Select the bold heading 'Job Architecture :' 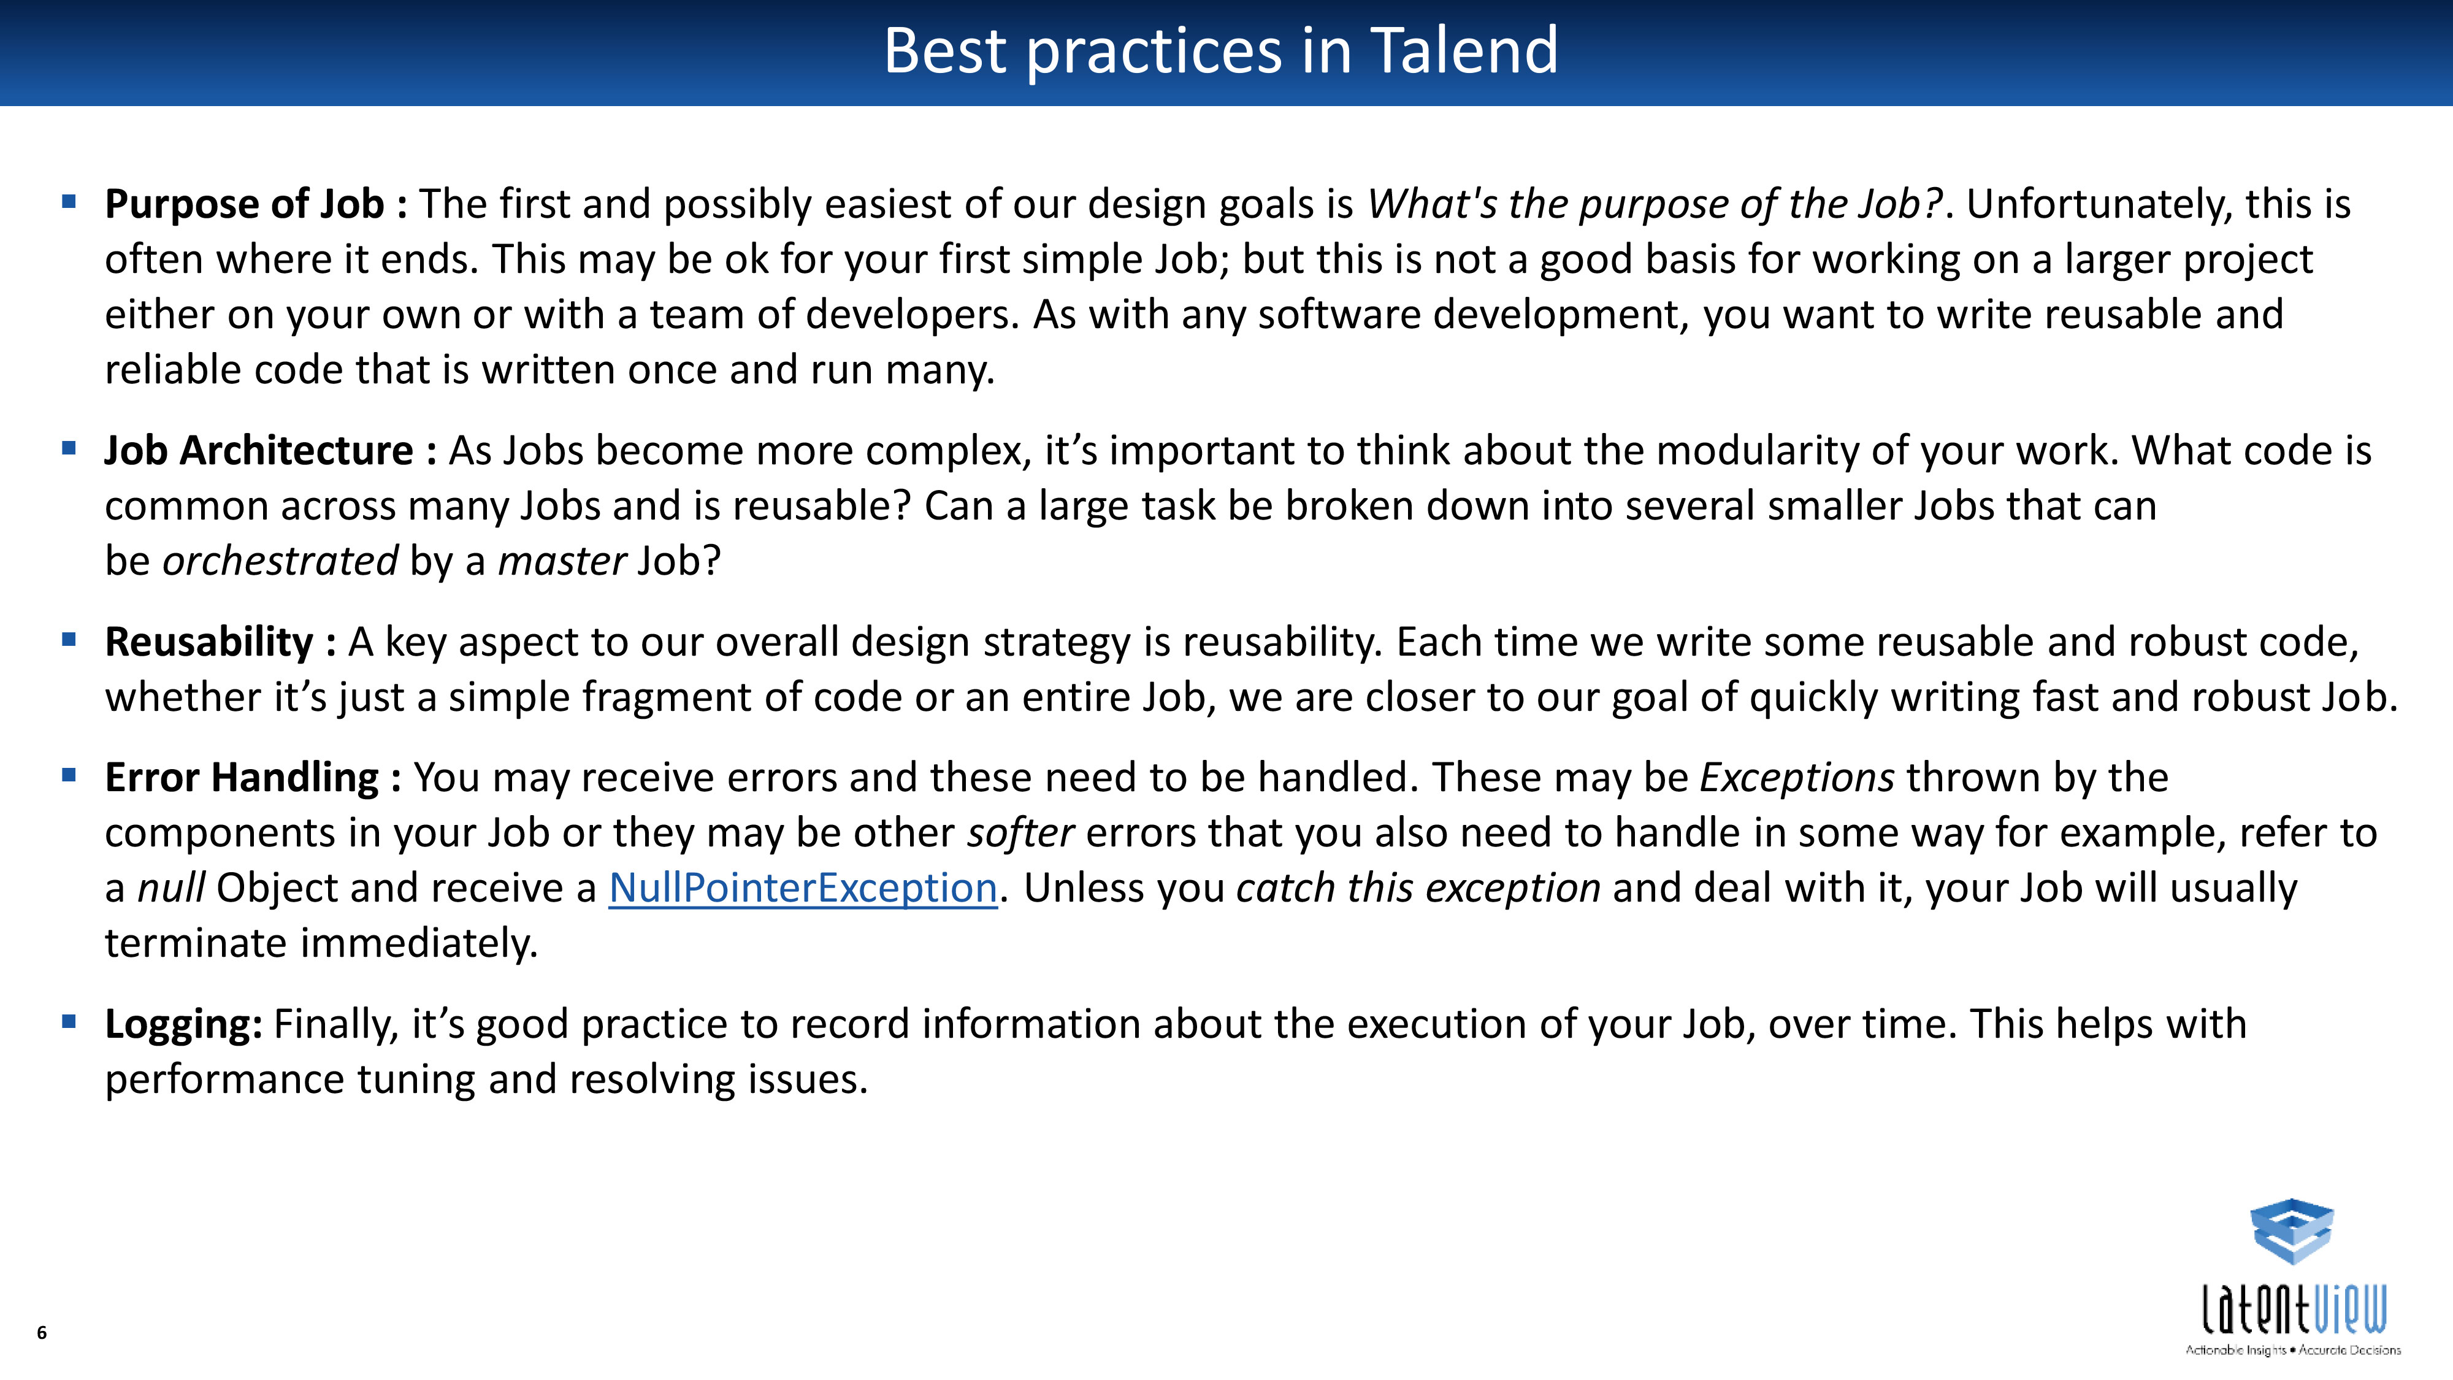pos(270,450)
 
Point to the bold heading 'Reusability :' pos(220,642)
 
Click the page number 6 pos(41,1332)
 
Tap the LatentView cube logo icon pos(2292,1232)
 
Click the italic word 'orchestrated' pos(280,561)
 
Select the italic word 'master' pos(562,561)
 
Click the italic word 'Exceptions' pos(1797,778)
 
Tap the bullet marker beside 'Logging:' pos(69,1022)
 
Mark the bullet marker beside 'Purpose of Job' pos(69,202)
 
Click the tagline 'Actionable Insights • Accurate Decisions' pos(2293,1349)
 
